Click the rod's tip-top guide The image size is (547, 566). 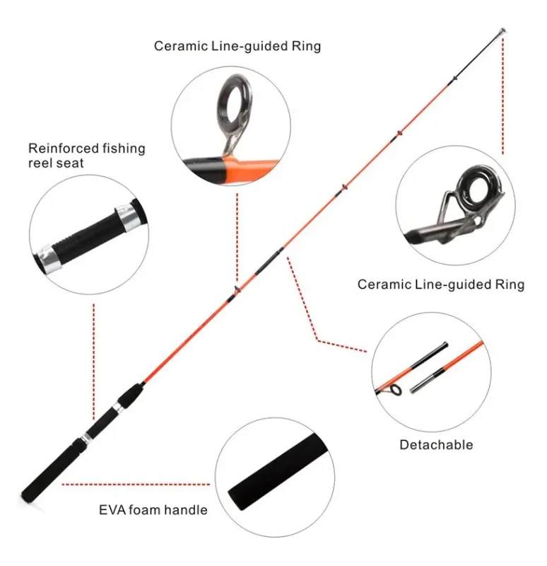500,32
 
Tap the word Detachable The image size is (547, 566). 436,445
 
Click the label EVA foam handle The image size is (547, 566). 153,509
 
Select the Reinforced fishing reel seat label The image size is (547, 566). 86,155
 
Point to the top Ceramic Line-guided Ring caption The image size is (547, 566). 237,47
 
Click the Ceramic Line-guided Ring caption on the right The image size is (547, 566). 440,284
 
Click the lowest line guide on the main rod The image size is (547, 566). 235,289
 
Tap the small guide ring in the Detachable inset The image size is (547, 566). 396,391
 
